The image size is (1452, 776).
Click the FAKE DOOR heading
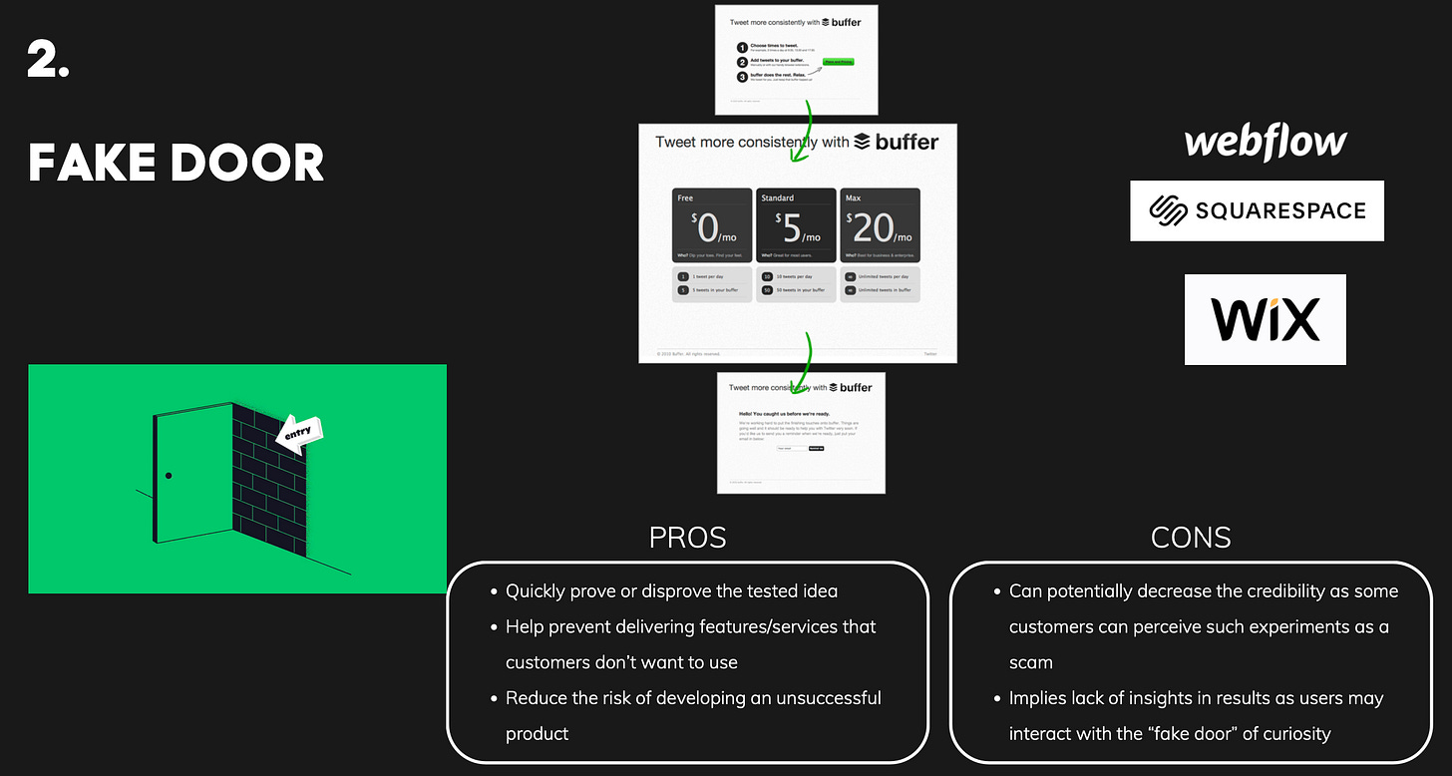click(x=176, y=163)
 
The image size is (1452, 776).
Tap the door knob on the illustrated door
click(x=169, y=476)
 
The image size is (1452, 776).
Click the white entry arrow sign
click(x=299, y=433)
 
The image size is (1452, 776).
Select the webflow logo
click(x=1265, y=142)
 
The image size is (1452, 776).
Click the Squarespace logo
click(x=1257, y=210)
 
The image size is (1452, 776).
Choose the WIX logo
click(x=1265, y=319)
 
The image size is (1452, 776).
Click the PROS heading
click(x=687, y=539)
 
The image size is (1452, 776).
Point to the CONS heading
click(x=1191, y=539)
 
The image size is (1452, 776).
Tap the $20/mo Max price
click(x=878, y=230)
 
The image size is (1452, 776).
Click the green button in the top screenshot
click(x=838, y=62)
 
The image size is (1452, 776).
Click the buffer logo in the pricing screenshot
click(x=897, y=143)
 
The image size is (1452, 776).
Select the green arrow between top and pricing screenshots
click(x=805, y=130)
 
